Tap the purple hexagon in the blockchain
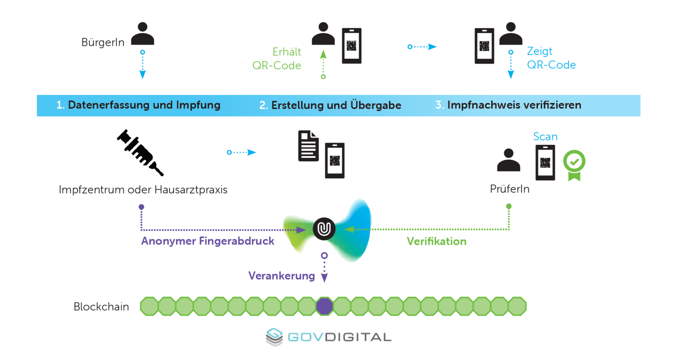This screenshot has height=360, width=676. pyautogui.click(x=324, y=307)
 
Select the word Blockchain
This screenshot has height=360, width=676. pyautogui.click(x=101, y=307)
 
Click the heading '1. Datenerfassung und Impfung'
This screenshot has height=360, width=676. pyautogui.click(x=138, y=105)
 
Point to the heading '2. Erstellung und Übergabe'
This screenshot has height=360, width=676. pyautogui.click(x=330, y=105)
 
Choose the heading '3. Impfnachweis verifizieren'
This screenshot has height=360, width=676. pyautogui.click(x=508, y=105)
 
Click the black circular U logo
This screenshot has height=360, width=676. pyautogui.click(x=324, y=229)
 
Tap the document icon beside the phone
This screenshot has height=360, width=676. pyautogui.click(x=308, y=146)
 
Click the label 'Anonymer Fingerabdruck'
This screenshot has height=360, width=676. pyautogui.click(x=208, y=241)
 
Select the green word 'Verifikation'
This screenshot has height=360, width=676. pyautogui.click(x=437, y=241)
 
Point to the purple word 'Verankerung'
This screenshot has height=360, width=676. pyautogui.click(x=281, y=276)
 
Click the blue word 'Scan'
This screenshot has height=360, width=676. pyautogui.click(x=545, y=137)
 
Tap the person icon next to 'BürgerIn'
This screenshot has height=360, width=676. pyautogui.click(x=142, y=34)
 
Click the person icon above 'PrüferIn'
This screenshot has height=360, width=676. pyautogui.click(x=509, y=160)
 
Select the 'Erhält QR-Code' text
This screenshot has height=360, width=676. pyautogui.click(x=278, y=59)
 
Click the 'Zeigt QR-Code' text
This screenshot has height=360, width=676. pyautogui.click(x=551, y=58)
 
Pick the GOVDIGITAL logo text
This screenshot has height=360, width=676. pyautogui.click(x=339, y=337)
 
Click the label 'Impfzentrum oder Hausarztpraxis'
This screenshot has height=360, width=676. pyautogui.click(x=143, y=190)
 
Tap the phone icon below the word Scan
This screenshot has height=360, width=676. pyautogui.click(x=545, y=163)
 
